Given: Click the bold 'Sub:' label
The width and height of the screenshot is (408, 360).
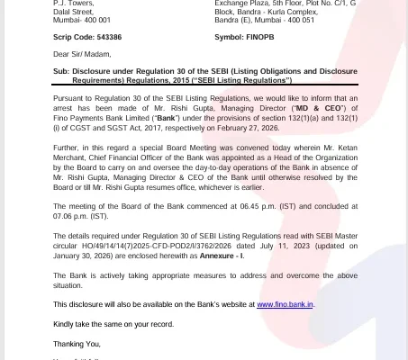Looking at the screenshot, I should tap(61, 70).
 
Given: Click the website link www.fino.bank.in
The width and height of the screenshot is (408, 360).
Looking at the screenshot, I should tap(285, 305).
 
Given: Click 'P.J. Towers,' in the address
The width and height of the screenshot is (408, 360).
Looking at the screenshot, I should tap(73, 3).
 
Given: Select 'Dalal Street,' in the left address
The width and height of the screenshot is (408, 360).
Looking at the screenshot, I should tap(74, 11).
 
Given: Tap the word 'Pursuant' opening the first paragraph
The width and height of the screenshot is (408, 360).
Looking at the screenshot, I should tap(69, 94).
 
